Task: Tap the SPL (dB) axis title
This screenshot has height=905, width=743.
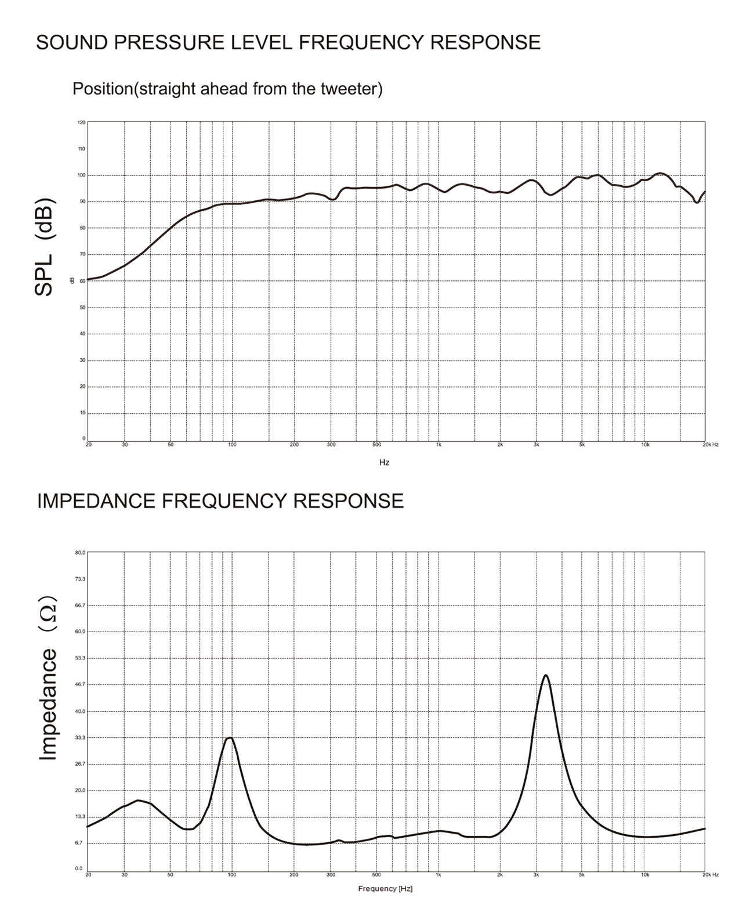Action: tap(45, 247)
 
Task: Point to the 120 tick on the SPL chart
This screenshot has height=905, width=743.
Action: tap(81, 122)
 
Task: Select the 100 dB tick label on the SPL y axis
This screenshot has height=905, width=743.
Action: tap(81, 175)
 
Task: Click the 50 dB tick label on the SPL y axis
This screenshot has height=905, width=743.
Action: tap(82, 308)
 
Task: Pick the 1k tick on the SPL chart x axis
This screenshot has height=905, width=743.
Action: tap(438, 445)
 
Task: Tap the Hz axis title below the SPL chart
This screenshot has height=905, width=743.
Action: tap(384, 463)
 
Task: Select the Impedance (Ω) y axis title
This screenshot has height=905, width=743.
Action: tap(48, 678)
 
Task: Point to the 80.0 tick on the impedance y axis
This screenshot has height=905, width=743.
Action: tap(80, 553)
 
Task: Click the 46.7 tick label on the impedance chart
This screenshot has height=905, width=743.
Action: tap(80, 685)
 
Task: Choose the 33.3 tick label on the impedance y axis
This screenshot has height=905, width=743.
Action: tap(80, 738)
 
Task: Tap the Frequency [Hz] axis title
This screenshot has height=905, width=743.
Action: tap(385, 889)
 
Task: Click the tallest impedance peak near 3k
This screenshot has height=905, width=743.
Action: tap(545, 675)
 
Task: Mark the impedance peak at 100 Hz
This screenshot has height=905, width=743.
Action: tap(231, 738)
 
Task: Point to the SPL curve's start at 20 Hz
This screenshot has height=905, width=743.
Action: tap(88, 279)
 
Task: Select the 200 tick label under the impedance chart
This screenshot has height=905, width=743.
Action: tap(294, 874)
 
